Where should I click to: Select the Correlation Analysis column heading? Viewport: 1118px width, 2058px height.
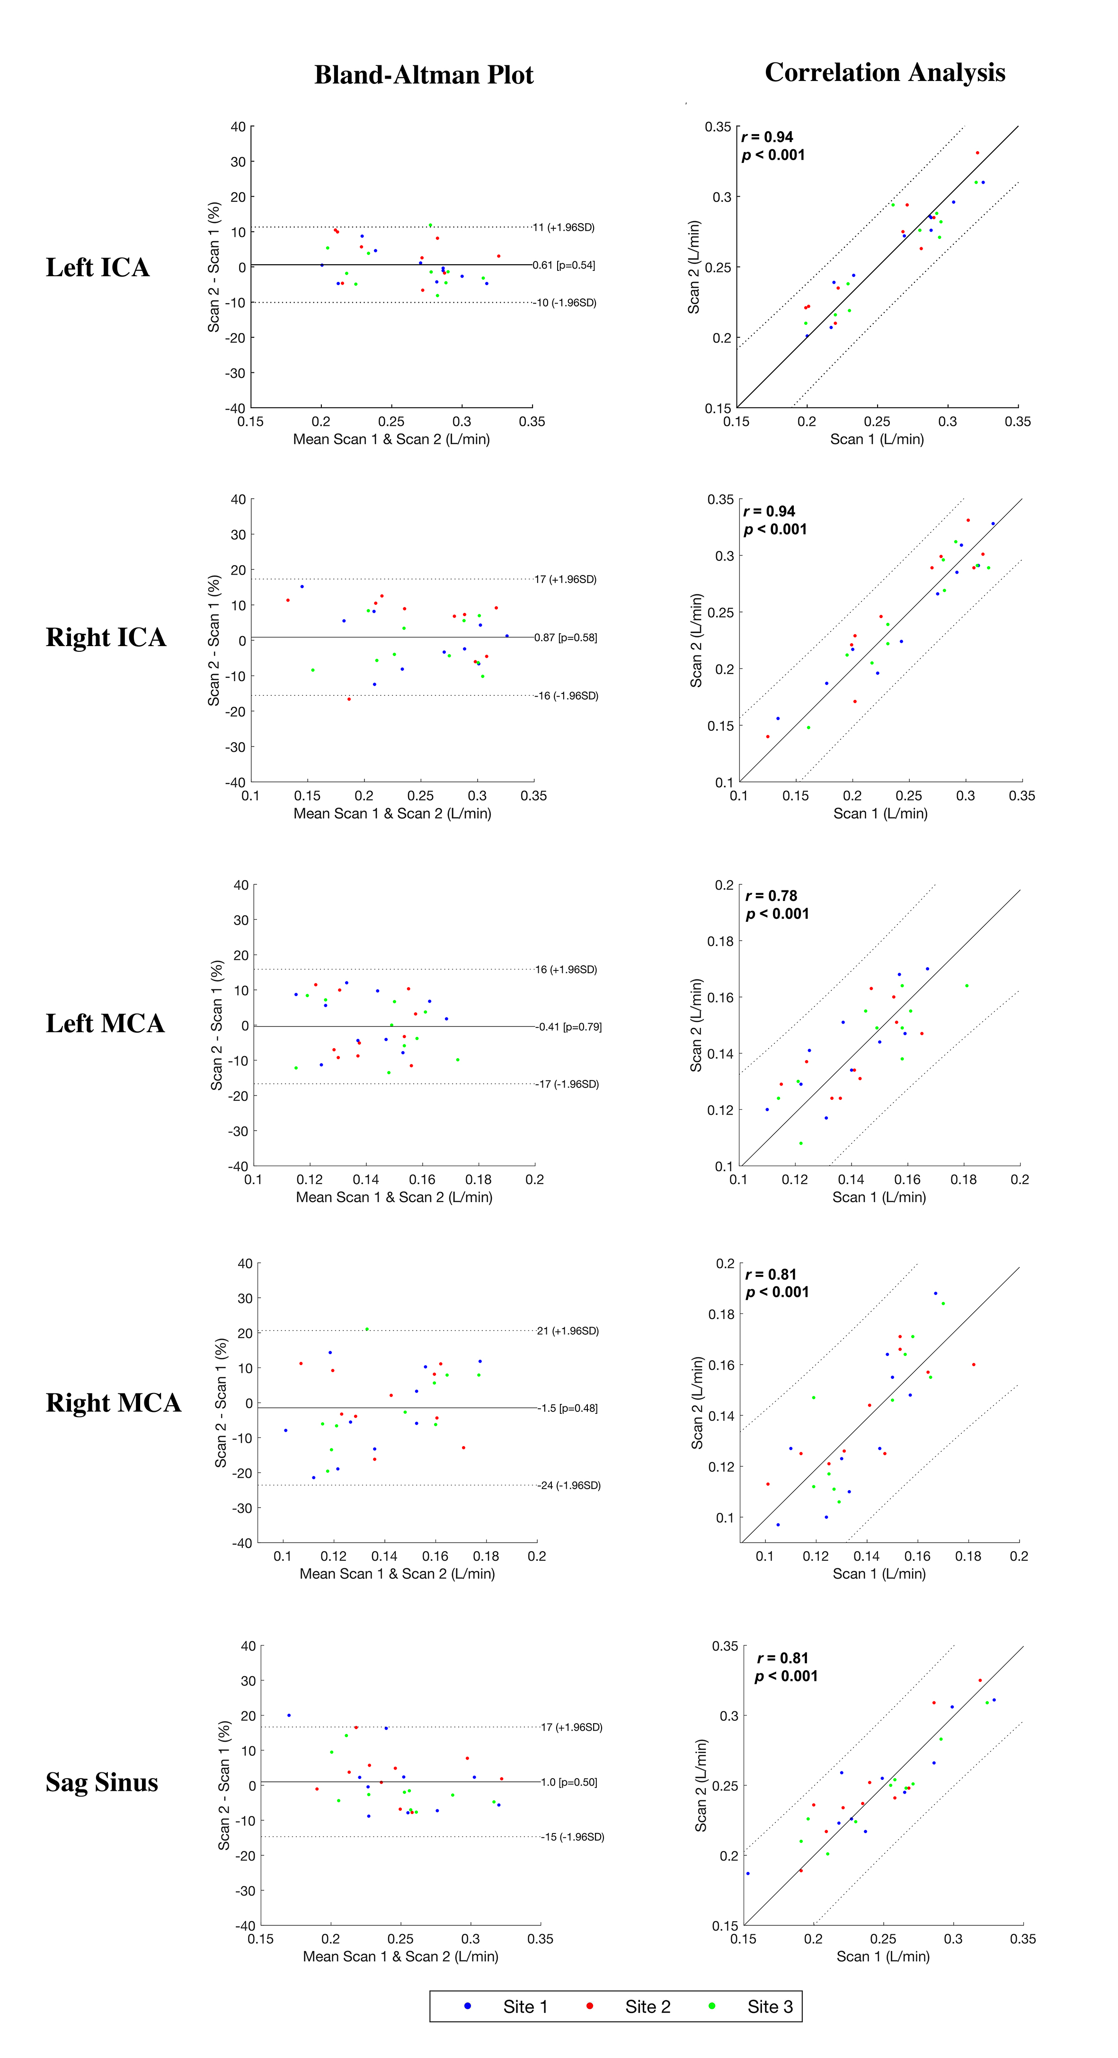884,72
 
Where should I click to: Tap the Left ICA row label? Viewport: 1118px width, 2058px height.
98,268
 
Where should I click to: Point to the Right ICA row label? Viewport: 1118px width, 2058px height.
106,638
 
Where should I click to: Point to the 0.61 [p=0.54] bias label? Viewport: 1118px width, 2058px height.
564,265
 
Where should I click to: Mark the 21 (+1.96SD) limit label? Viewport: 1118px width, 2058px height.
568,1331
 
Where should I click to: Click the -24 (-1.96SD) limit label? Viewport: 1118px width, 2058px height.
569,1485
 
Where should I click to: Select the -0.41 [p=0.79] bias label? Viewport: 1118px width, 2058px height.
568,1026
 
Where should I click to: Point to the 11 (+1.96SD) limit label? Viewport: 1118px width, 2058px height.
564,228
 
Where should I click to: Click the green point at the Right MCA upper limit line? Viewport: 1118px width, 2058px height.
366,1330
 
